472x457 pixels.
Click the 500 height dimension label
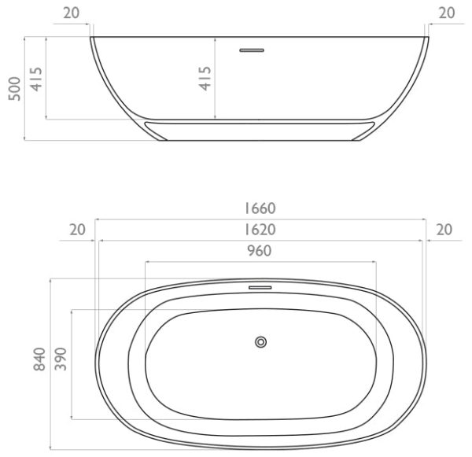(14, 89)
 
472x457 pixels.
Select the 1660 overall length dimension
(260, 208)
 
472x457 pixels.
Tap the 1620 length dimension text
(260, 230)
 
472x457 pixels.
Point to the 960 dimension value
(260, 251)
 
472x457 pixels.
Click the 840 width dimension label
(39, 359)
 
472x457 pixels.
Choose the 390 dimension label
(61, 359)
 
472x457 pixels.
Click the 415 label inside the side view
(205, 79)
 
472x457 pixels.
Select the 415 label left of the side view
(36, 79)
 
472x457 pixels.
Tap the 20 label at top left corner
(72, 13)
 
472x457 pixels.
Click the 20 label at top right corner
(447, 13)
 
